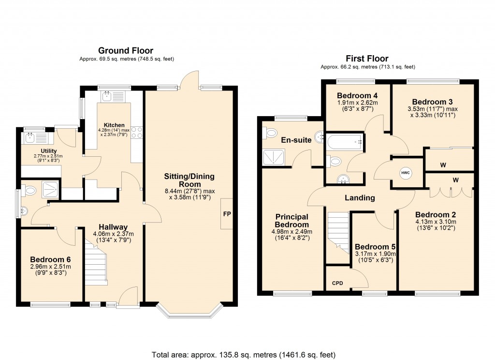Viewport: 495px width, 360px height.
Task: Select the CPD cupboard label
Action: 337,284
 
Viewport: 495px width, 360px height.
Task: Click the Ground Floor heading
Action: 126,50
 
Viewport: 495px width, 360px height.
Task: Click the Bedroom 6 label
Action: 50,259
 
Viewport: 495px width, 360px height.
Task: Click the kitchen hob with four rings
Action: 136,132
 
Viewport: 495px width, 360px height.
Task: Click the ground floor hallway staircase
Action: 96,264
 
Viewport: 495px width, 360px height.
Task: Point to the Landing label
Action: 360,198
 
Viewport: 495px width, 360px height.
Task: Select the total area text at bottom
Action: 244,354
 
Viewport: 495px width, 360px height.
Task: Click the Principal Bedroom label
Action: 291,221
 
